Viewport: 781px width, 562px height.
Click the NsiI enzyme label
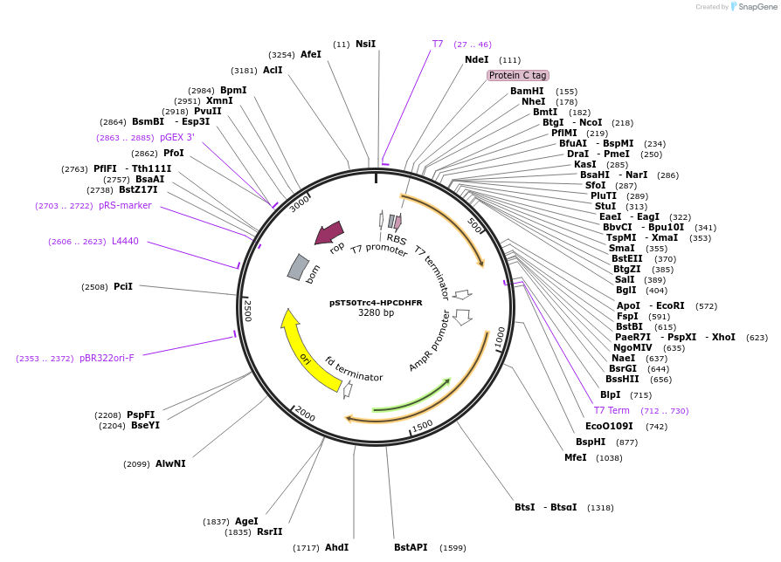(365, 44)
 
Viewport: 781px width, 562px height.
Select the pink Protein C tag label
(517, 76)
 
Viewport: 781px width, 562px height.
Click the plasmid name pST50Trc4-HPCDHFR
(376, 303)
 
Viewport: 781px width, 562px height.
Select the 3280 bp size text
(376, 313)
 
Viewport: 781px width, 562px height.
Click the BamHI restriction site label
(527, 91)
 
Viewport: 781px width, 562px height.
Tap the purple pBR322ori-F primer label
(107, 358)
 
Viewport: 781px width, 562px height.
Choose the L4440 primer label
(125, 241)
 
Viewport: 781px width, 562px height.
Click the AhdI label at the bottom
(336, 547)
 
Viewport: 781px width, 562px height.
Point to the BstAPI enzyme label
(411, 547)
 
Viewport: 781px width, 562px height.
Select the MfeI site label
(575, 457)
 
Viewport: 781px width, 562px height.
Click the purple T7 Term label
(612, 410)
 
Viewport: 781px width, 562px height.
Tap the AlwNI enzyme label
(170, 463)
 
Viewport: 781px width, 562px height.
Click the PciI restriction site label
(123, 286)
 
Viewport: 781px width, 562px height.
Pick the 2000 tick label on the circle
(304, 412)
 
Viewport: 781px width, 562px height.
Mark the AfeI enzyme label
(311, 54)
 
